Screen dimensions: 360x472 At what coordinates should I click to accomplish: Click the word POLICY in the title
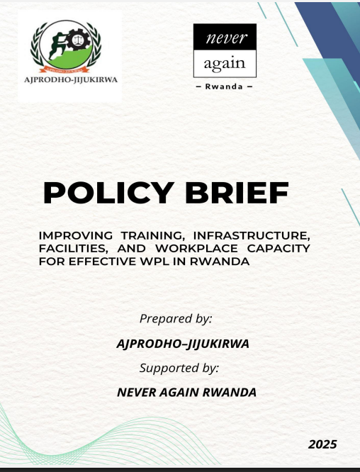click(108, 193)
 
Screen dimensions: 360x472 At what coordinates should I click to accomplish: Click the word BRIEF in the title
click(237, 193)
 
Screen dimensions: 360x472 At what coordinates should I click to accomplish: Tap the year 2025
click(322, 444)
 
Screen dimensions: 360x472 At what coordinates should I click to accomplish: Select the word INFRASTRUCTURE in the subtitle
click(252, 235)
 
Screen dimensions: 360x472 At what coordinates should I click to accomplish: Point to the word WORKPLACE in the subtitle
click(196, 248)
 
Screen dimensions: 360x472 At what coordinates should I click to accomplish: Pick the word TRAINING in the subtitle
click(153, 235)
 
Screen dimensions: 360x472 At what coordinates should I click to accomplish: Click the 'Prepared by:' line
click(176, 318)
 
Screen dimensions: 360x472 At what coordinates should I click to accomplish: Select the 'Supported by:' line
click(179, 368)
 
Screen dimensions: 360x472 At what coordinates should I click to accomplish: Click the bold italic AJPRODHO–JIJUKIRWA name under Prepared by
click(183, 344)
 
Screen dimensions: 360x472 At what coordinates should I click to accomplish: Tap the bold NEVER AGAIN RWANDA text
click(186, 392)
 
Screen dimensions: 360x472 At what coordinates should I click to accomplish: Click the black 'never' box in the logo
click(225, 37)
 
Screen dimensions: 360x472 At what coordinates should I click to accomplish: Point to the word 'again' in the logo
click(225, 64)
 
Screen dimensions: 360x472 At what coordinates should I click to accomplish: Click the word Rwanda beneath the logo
click(224, 86)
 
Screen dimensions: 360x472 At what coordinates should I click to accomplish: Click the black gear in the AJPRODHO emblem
click(79, 40)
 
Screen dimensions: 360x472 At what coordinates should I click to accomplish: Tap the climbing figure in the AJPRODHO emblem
click(57, 45)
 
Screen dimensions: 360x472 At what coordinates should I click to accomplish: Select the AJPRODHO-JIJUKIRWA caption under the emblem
click(71, 80)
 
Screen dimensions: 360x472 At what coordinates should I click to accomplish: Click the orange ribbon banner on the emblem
click(64, 69)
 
